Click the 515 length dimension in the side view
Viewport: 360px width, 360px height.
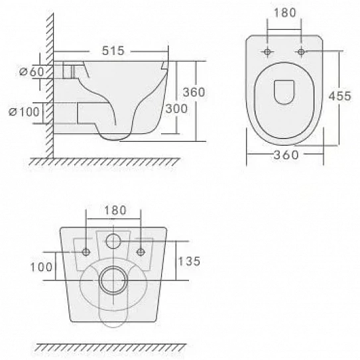tap(113, 51)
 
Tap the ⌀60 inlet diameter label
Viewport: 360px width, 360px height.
tap(31, 72)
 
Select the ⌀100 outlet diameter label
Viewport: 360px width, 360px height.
tap(24, 112)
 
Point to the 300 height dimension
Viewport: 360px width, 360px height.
tap(176, 109)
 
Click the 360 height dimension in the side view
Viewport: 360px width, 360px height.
tap(194, 92)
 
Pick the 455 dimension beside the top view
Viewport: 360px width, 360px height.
tap(340, 95)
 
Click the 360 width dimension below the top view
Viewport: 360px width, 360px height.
tap(286, 155)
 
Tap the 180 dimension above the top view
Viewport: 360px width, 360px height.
tap(285, 13)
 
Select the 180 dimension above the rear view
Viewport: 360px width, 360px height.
tap(115, 210)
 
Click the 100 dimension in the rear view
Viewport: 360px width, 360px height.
tap(41, 267)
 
